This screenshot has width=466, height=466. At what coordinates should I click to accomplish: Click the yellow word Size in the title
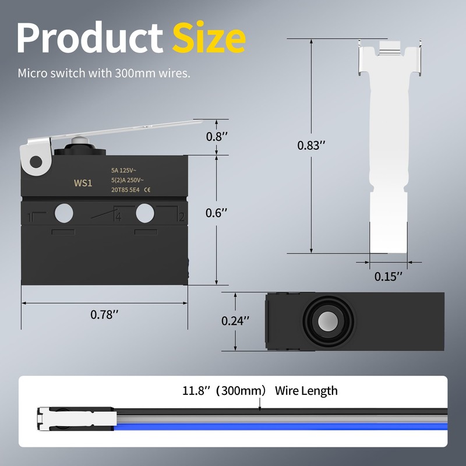coord(209,38)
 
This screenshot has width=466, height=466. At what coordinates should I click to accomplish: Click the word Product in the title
coord(89,38)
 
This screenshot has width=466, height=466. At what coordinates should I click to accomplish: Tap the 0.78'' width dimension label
coord(105,315)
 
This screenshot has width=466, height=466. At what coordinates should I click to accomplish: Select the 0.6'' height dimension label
coord(216,213)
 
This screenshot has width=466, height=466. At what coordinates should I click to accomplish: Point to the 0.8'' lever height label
coord(216,137)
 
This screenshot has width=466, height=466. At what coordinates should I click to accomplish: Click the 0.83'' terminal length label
coord(309,146)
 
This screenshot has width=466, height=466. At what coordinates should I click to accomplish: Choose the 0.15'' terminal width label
coord(389,277)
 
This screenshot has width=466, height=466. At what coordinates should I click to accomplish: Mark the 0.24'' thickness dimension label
coord(235,320)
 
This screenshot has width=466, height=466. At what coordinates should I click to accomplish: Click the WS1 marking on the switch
coord(83,183)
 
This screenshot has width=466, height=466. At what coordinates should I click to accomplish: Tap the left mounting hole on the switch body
coord(64,213)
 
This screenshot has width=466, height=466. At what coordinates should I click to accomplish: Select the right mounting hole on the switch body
coord(145,213)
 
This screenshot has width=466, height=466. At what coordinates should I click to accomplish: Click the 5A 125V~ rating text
coord(128,171)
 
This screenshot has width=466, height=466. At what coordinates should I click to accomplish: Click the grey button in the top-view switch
coord(328,322)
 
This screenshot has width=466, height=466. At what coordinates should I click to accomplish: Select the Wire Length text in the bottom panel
coord(306,390)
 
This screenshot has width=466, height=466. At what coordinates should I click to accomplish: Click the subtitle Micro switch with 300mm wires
coord(104,73)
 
